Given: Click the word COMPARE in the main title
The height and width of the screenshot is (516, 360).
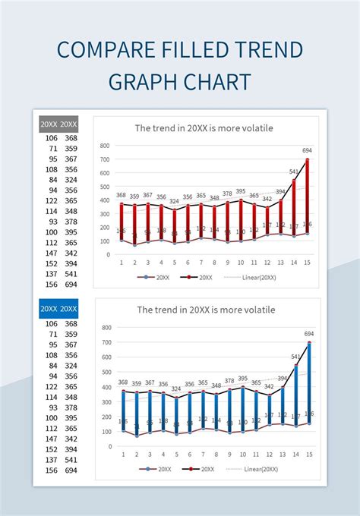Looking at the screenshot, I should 93,50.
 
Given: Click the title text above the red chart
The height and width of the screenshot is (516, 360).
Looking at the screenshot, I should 204,128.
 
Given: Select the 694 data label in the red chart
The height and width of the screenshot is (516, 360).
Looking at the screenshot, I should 307,150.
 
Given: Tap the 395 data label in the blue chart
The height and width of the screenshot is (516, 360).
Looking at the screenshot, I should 242,379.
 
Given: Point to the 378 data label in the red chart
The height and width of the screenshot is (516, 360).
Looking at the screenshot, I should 228,193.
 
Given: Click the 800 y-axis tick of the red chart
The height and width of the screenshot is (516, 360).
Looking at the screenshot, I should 105,146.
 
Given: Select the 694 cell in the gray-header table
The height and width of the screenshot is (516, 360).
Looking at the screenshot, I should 71,285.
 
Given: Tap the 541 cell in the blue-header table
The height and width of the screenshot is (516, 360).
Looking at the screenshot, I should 71,460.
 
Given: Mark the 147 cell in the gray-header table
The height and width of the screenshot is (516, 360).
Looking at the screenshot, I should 52,253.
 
